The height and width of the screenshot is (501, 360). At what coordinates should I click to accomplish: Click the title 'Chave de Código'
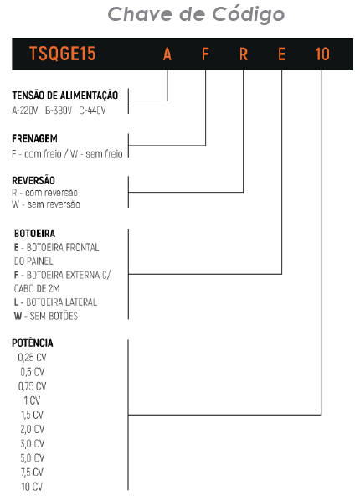point(196,15)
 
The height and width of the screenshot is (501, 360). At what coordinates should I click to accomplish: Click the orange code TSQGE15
point(62,54)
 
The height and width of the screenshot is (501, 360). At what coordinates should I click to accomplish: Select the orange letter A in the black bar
point(167,54)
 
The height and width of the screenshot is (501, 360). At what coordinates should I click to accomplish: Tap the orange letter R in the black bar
point(244,54)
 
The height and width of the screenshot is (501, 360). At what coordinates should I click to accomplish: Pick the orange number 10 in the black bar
point(322,54)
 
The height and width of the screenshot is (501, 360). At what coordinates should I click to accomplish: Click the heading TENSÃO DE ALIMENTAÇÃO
point(65,95)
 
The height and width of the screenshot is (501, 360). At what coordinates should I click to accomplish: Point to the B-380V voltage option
point(59,111)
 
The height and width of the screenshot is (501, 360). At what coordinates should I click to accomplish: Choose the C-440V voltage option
point(92,111)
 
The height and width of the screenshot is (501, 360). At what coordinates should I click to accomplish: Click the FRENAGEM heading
point(35,139)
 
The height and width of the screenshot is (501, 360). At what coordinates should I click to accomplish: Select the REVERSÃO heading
point(33,180)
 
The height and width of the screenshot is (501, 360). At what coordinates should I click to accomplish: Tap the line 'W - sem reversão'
point(46,204)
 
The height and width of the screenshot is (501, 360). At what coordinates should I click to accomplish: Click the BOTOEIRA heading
point(34,234)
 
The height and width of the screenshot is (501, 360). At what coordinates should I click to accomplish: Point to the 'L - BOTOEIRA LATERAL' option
point(55,302)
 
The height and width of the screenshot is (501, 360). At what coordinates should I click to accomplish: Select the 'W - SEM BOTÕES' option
point(46,316)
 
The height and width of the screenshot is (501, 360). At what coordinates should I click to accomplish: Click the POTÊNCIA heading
point(33,343)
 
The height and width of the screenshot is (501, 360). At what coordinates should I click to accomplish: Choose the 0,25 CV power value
point(33,358)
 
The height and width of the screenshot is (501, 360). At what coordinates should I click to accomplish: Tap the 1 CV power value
point(33,400)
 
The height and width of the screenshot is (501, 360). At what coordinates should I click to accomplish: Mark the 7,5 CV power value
point(33,473)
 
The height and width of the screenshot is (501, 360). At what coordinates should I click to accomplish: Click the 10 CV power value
point(32,487)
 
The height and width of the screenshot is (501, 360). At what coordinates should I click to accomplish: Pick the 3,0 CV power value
point(33,444)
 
